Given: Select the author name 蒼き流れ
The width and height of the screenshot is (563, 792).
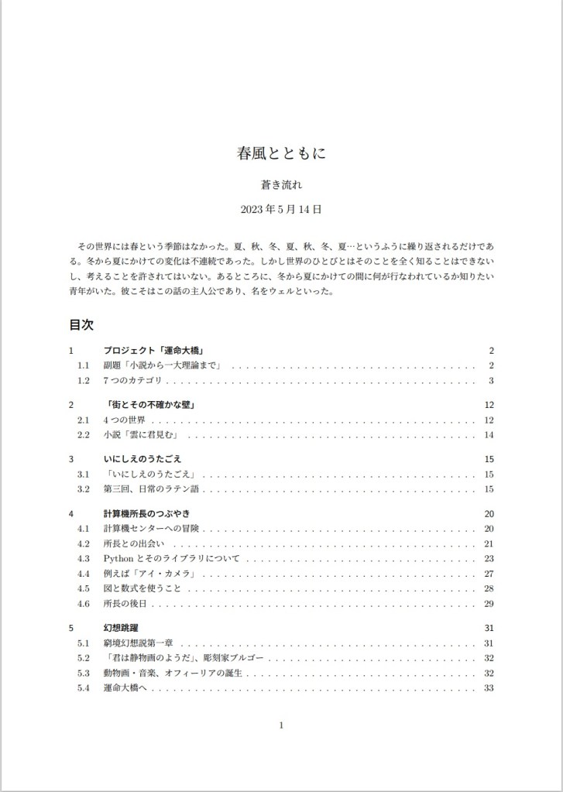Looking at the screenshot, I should click(x=281, y=185).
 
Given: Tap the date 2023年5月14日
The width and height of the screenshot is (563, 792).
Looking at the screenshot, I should click(x=281, y=209).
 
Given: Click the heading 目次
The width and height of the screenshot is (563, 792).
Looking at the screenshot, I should click(x=81, y=324).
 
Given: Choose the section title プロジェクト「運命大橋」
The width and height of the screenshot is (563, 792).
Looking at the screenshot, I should click(x=153, y=351).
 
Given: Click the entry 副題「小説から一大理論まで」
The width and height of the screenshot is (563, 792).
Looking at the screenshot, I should click(x=163, y=365).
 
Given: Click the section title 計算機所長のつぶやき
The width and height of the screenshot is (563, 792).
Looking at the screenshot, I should click(x=146, y=513).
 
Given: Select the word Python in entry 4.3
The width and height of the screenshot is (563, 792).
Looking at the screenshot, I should click(x=118, y=557).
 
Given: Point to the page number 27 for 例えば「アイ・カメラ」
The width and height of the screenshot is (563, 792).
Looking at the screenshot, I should click(x=489, y=573).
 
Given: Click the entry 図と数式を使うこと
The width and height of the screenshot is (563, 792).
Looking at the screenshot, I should click(x=142, y=588).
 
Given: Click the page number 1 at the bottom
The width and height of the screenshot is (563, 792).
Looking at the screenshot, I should click(x=281, y=725).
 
